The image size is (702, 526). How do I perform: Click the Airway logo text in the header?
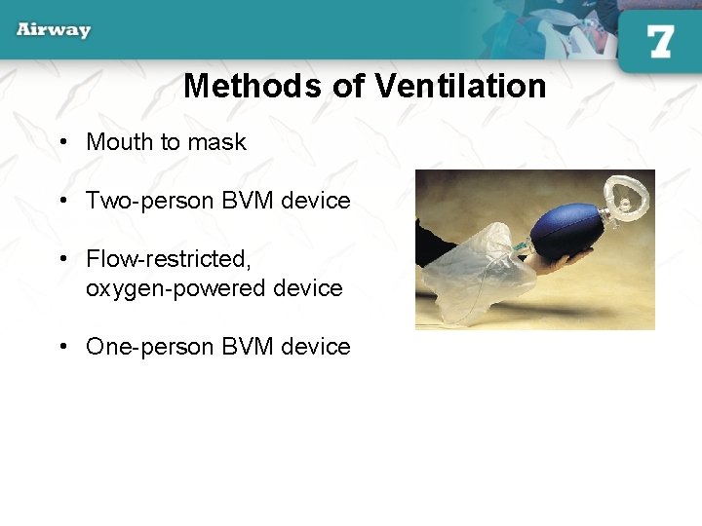pyautogui.click(x=54, y=29)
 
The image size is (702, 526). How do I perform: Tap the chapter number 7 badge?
pyautogui.click(x=660, y=41)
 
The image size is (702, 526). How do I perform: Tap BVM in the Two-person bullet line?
pyautogui.click(x=248, y=201)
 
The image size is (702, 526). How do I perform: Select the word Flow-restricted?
pyautogui.click(x=169, y=259)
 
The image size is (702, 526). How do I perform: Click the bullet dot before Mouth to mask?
pyautogui.click(x=62, y=142)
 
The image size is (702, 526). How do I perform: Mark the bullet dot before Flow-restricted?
pyautogui.click(x=62, y=259)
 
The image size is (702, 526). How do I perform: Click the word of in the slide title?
pyautogui.click(x=349, y=87)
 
